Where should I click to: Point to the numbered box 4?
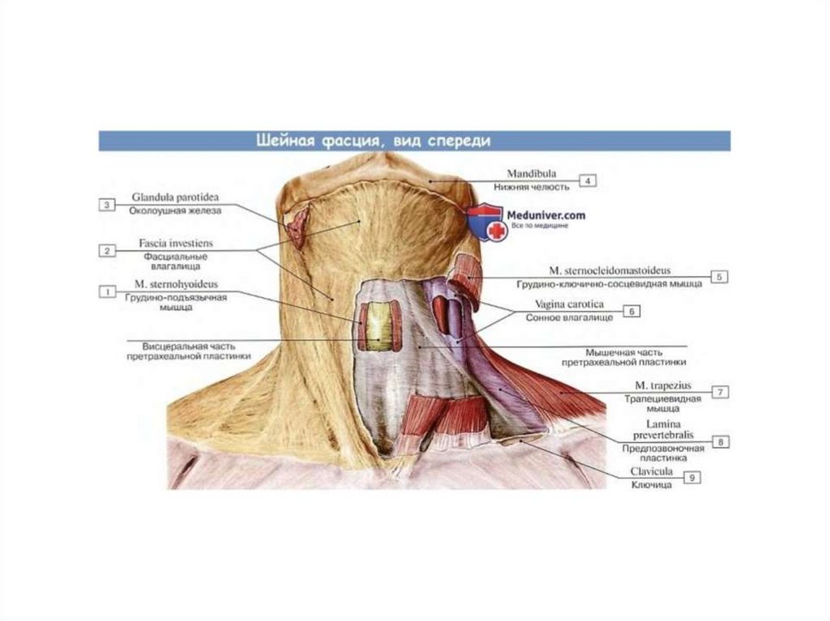point(587,181)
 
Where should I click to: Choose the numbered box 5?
point(717,276)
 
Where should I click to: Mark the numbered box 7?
point(719,391)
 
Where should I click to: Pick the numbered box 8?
point(719,441)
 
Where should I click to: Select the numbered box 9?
point(691,478)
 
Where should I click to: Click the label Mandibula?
point(530,174)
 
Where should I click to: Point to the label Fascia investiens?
point(172,243)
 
